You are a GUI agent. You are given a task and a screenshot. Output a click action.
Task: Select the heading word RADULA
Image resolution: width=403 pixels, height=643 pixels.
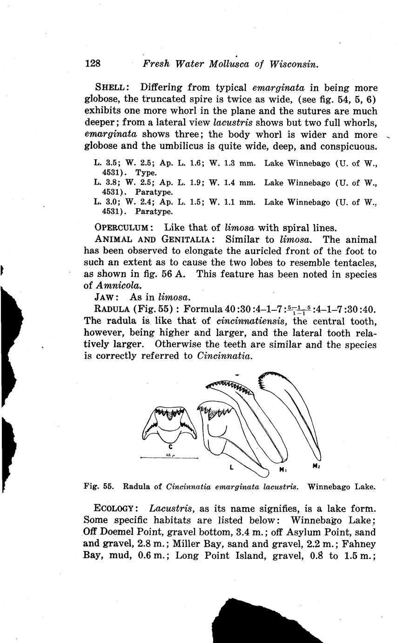(x=112, y=309)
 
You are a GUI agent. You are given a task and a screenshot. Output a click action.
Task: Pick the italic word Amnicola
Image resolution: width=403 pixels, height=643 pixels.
(x=115, y=286)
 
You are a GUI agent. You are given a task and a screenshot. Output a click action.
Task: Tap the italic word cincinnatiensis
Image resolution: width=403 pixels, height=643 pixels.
(x=251, y=321)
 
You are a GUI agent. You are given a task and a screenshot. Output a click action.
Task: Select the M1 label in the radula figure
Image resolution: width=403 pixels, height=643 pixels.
(x=282, y=469)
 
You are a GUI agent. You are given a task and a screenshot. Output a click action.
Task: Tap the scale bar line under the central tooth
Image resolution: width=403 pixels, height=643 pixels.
(x=169, y=459)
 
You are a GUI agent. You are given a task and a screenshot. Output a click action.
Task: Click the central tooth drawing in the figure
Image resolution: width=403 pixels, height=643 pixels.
(x=169, y=424)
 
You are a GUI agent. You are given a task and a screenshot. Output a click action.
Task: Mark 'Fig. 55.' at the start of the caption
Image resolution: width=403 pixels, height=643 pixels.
(x=99, y=486)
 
